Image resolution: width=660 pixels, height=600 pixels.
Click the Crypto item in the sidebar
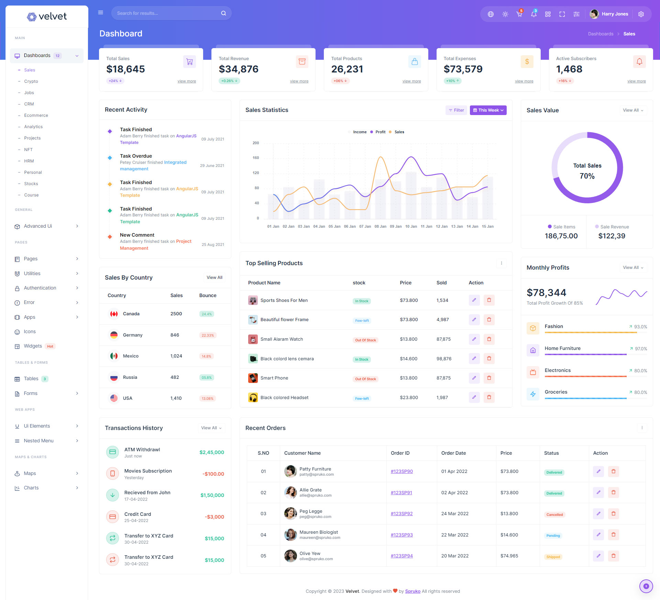(31, 81)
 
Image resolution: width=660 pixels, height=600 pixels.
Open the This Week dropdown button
(488, 110)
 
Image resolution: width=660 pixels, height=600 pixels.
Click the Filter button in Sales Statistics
(456, 110)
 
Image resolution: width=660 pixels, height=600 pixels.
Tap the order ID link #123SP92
(401, 513)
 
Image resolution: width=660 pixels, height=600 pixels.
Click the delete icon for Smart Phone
(489, 378)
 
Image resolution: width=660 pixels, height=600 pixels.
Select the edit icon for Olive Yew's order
(598, 556)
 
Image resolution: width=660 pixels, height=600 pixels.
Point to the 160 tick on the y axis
(256, 158)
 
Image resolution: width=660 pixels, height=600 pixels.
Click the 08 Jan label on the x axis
(380, 227)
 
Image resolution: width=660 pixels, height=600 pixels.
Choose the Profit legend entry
(380, 132)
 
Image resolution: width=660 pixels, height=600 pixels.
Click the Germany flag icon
(114, 335)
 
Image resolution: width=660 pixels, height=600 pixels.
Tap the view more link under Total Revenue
(299, 81)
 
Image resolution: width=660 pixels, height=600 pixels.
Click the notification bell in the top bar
(533, 14)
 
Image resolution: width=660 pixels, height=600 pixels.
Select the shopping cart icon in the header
(519, 14)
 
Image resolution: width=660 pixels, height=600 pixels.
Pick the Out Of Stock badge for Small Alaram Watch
(365, 340)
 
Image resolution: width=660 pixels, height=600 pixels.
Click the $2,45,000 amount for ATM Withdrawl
(212, 452)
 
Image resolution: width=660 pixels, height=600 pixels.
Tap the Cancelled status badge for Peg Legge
(554, 514)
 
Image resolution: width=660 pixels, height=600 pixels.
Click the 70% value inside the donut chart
(587, 176)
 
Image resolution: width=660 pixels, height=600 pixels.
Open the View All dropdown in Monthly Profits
(632, 268)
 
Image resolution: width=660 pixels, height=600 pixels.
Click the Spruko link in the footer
(412, 591)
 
